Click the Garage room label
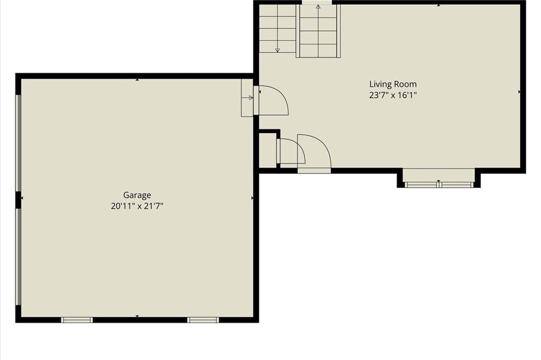137,196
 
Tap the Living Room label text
393,84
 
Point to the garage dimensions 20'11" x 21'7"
137,206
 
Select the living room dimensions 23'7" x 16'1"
393,95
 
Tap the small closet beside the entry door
267,151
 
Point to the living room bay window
439,184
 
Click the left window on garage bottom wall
77,320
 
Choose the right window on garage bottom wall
203,320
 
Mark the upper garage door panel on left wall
18,143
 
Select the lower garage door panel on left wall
18,257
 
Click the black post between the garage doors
18,200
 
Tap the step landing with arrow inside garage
247,98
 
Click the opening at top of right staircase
317,3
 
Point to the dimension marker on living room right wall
519,92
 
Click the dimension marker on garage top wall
137,80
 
